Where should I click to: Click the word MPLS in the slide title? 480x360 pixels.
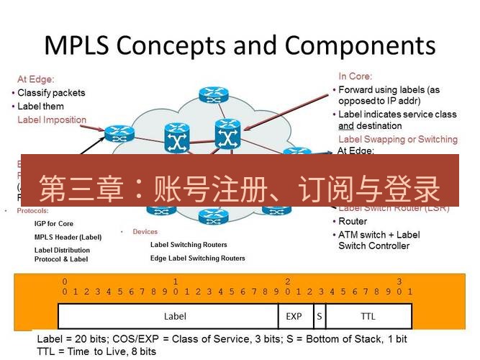tap(76, 45)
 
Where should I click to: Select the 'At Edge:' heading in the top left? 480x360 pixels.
tap(36, 79)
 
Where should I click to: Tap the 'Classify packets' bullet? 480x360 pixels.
tap(51, 93)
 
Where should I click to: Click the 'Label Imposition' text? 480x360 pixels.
tap(52, 120)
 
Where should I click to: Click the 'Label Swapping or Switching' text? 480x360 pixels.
tap(397, 139)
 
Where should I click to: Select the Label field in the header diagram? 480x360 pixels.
tap(175, 316)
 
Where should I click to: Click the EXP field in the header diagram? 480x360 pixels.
tap(294, 316)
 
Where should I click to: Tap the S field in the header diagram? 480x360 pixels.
tap(318, 316)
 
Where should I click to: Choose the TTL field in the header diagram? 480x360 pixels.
tap(368, 316)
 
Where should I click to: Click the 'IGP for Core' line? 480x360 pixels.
tap(54, 224)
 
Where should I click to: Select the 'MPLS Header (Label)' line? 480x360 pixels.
tap(68, 237)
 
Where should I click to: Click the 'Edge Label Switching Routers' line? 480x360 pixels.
tap(197, 258)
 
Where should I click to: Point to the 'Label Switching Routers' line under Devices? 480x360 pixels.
tap(189, 244)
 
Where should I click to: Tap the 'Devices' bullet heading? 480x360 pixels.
tap(145, 232)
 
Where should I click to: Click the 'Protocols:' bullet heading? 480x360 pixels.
tap(32, 211)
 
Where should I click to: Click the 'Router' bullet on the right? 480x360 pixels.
tap(353, 221)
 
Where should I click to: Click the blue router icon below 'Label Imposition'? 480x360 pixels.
tap(114, 133)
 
